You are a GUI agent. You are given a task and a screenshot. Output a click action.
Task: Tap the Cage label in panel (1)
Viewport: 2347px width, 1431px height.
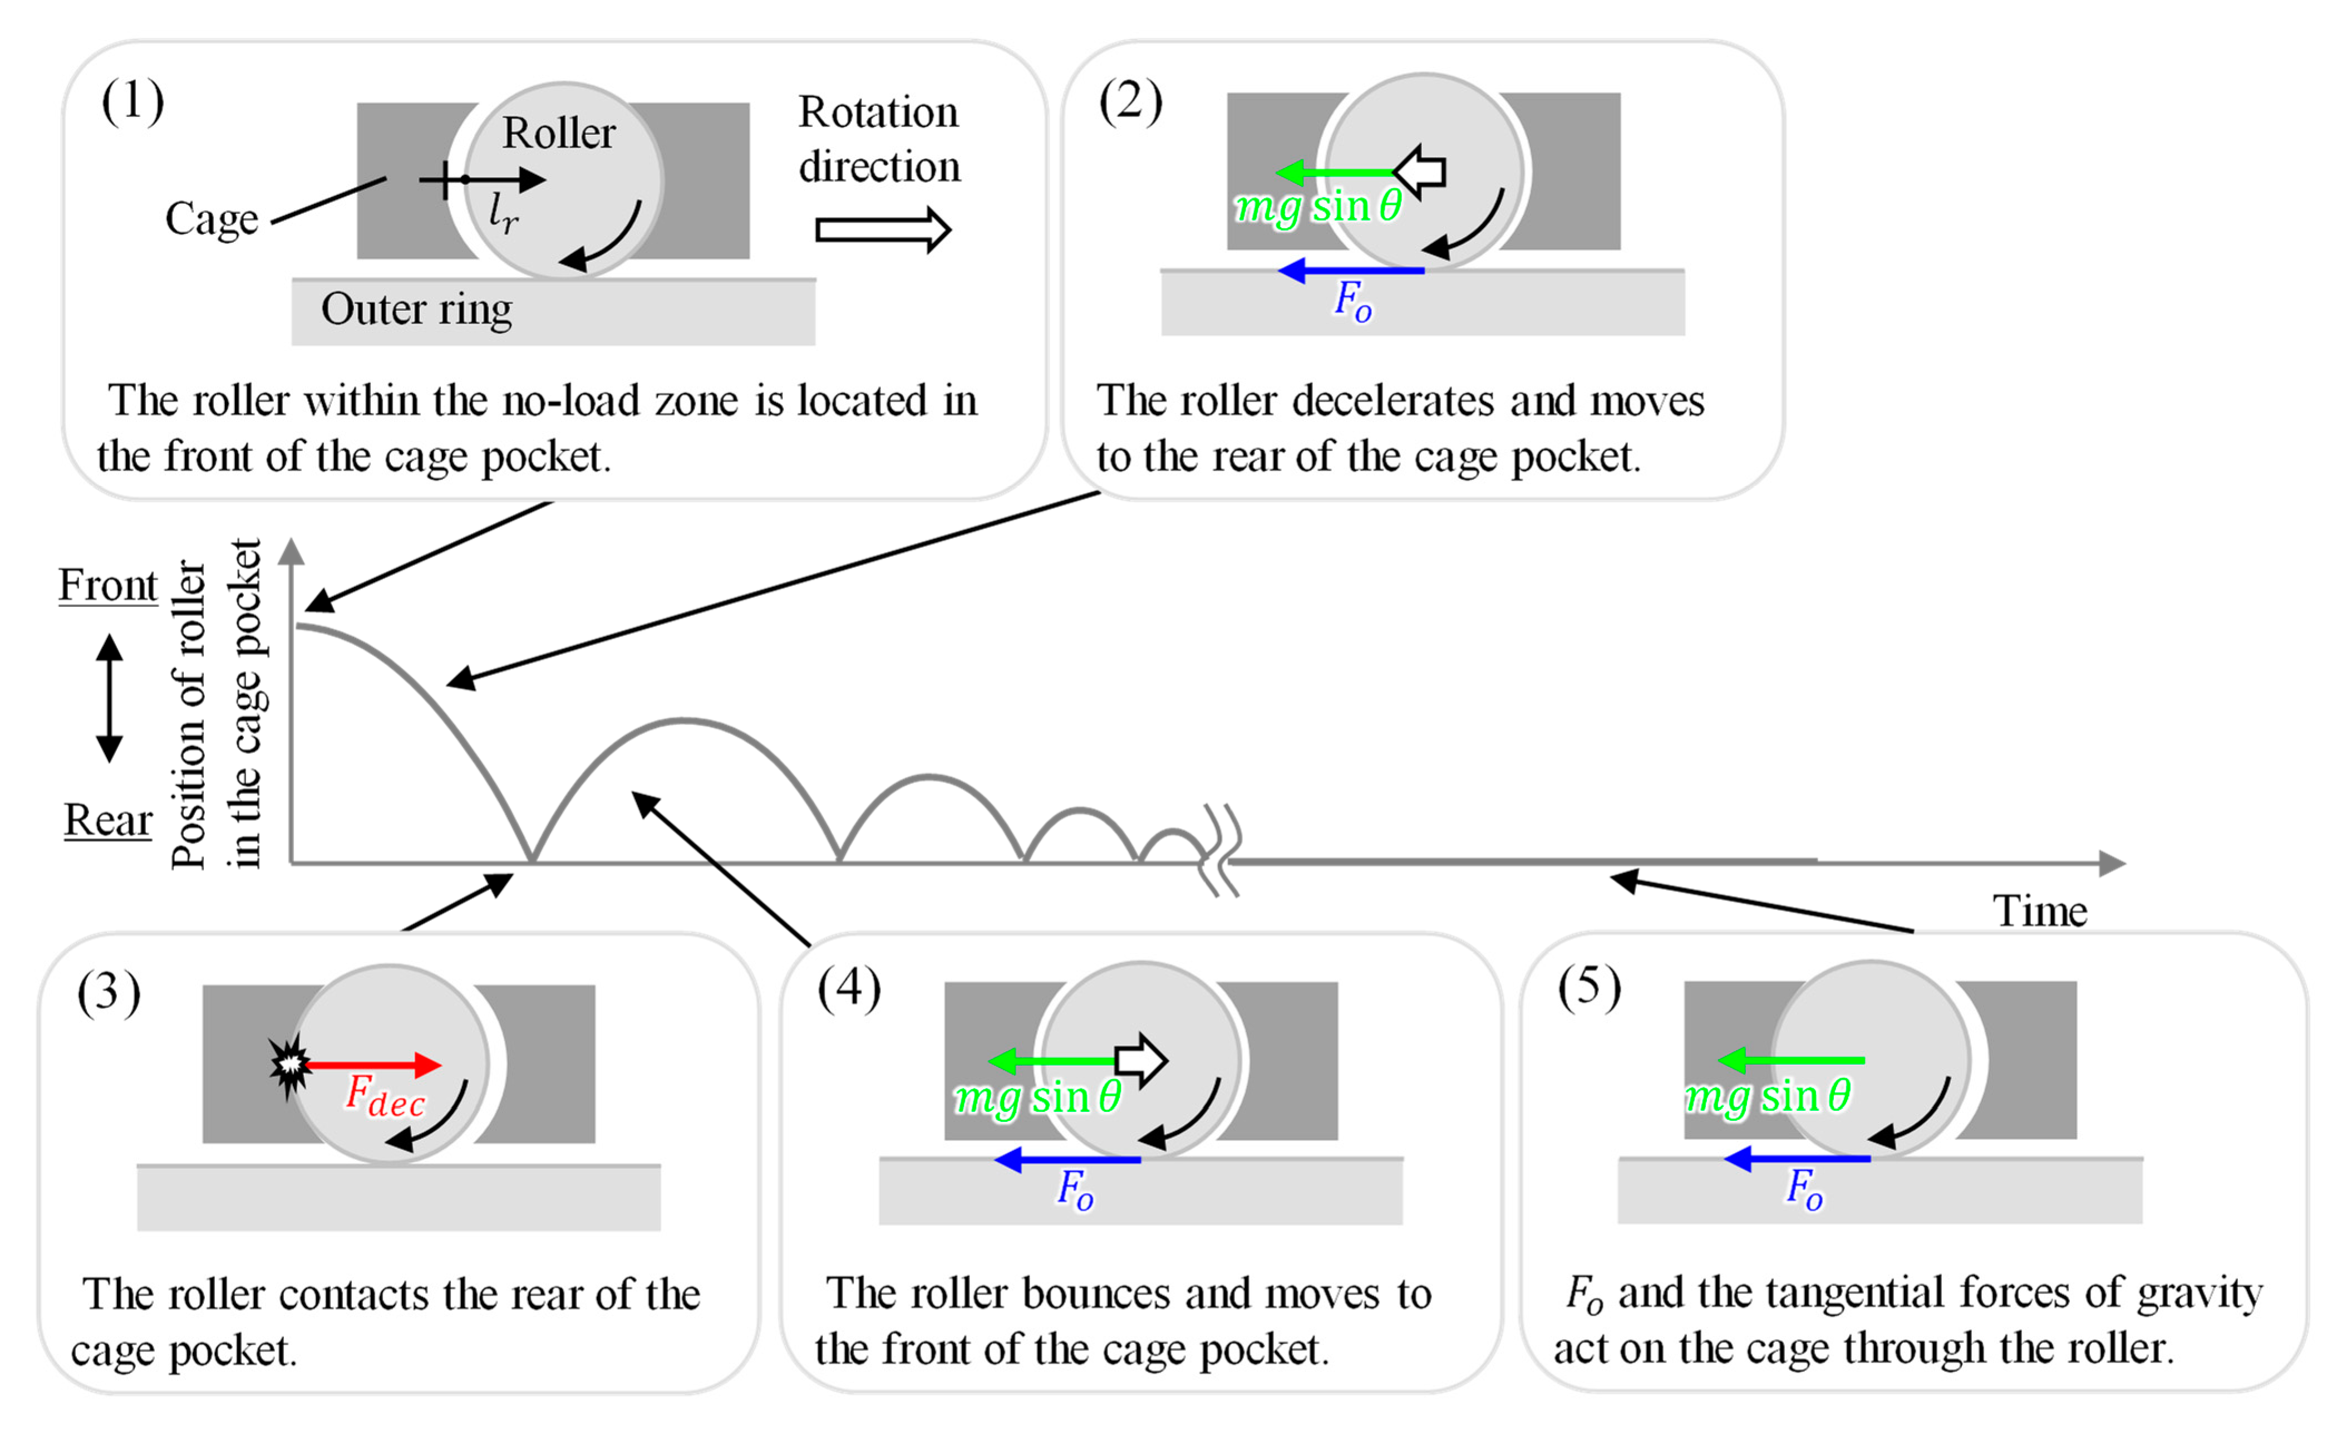(x=211, y=220)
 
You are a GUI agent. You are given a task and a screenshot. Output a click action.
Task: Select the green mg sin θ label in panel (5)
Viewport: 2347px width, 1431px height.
(x=1768, y=1096)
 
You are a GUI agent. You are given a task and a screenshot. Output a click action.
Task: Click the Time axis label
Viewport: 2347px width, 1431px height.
(x=2039, y=911)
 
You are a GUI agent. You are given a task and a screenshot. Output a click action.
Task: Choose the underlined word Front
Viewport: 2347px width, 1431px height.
(x=107, y=585)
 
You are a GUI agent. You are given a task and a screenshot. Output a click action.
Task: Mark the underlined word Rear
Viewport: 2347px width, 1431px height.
(x=107, y=820)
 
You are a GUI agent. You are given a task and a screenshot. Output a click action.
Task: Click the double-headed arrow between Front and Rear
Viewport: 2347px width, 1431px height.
(x=110, y=698)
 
